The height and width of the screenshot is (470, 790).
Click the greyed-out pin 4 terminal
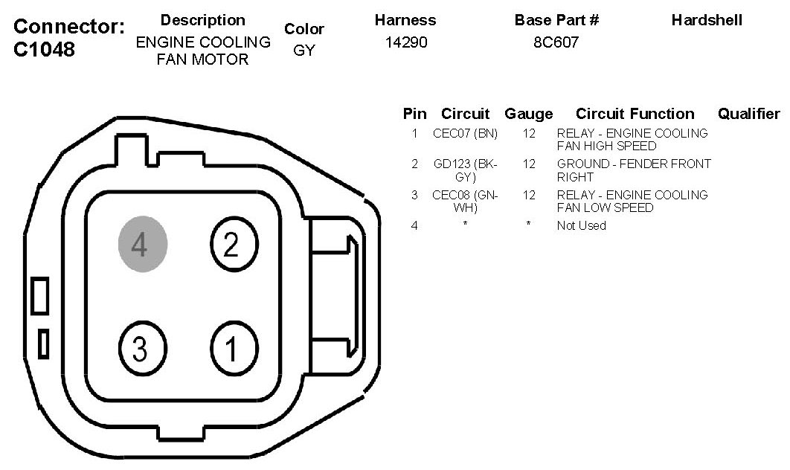pyautogui.click(x=143, y=244)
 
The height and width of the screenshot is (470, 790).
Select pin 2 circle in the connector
pyautogui.click(x=234, y=244)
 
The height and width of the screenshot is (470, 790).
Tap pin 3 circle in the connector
pyautogui.click(x=143, y=348)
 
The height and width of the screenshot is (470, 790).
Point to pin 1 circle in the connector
pyautogui.click(x=234, y=348)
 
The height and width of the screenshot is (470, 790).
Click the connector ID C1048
pyautogui.click(x=45, y=49)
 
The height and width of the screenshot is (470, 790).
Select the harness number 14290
pyautogui.click(x=406, y=42)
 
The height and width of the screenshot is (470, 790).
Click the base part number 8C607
pyautogui.click(x=556, y=42)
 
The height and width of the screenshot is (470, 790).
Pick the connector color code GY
pyautogui.click(x=304, y=51)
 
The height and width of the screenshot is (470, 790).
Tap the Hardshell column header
pyautogui.click(x=707, y=20)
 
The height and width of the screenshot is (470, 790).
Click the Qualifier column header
pyautogui.click(x=748, y=114)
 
